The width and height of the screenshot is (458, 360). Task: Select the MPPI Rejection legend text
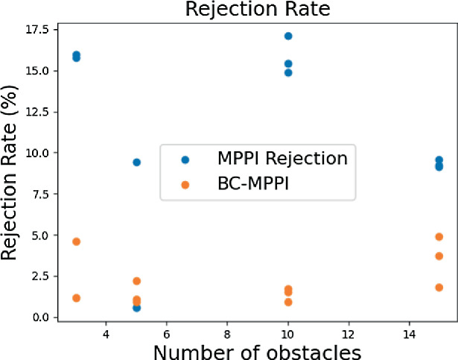point(282,158)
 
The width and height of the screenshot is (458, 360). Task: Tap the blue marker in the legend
point(185,159)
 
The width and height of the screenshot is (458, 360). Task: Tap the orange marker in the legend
point(185,184)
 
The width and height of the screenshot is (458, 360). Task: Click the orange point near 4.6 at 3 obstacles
point(76,241)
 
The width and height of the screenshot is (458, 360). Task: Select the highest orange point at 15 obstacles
point(439,236)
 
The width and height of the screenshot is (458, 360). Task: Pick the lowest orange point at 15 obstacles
point(439,287)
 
